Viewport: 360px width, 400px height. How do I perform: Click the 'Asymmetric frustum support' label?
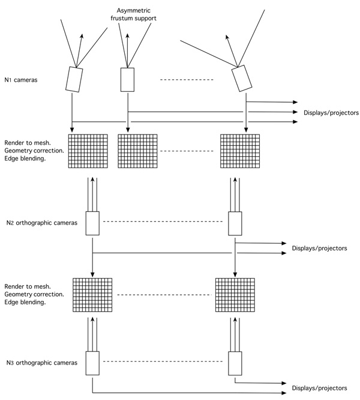(133, 14)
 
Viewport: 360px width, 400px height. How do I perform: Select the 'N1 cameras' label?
(21, 80)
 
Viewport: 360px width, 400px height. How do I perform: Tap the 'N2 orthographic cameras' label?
(42, 223)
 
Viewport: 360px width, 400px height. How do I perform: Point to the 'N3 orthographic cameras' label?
(42, 363)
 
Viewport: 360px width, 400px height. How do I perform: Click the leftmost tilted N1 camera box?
(74, 79)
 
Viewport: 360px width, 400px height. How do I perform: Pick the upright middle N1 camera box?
(127, 80)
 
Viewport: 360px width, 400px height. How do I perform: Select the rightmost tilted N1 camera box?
(242, 78)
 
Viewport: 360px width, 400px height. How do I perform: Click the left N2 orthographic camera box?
(92, 223)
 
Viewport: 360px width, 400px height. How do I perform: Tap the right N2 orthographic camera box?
(235, 223)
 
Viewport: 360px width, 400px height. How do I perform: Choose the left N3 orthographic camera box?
(92, 363)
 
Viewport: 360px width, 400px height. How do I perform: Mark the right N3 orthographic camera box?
(235, 363)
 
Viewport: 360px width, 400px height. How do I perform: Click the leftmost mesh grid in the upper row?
(88, 151)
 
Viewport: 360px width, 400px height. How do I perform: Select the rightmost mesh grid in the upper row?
(240, 151)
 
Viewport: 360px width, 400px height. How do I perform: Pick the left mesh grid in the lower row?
(92, 295)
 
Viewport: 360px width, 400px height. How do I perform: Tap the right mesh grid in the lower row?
(235, 295)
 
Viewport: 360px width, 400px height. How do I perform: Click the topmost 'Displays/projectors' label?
(331, 113)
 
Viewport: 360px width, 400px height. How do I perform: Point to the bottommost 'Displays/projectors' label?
(319, 388)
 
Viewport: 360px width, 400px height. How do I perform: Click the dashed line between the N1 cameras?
(187, 80)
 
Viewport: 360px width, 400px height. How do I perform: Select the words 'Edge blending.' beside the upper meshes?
(25, 159)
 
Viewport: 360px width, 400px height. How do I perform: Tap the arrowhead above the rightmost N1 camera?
(227, 37)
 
